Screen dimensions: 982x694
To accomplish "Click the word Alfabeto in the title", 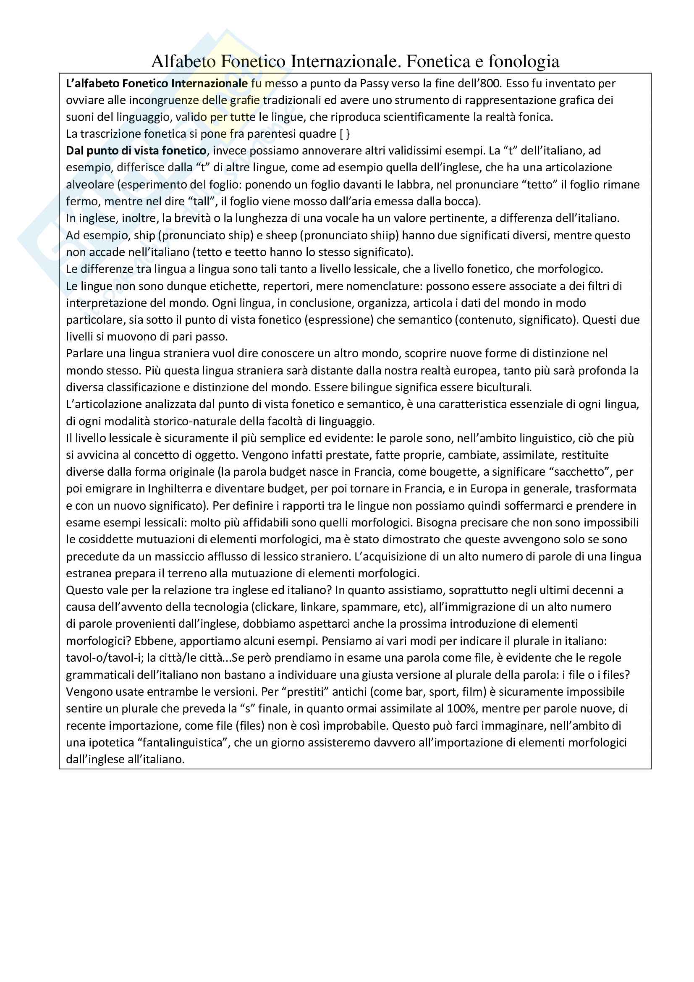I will (183, 62).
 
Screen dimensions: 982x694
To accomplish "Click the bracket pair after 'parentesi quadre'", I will (345, 134).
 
